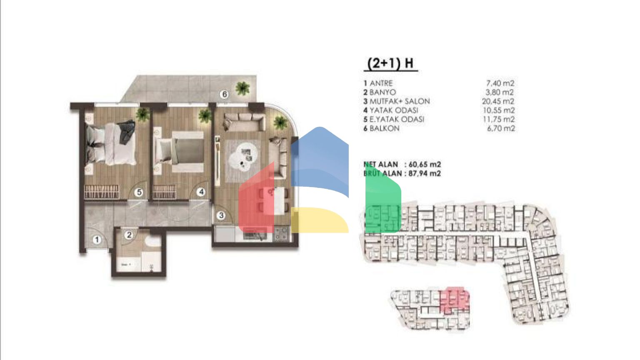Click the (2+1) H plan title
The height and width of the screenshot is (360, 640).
pos(390,63)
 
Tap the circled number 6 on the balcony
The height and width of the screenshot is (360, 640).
pos(225,95)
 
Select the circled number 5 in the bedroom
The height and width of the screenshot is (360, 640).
pos(139,192)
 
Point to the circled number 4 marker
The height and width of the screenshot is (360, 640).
pos(201,192)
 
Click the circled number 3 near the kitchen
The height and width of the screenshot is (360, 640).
pos(221,215)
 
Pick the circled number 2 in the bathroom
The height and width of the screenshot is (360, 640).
pos(129,235)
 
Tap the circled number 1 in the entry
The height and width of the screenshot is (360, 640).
pos(97,240)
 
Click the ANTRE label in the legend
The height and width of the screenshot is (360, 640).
pos(381,83)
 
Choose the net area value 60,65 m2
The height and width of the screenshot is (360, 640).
pos(425,164)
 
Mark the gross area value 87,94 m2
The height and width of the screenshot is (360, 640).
pos(425,173)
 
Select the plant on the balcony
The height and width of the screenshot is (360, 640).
pos(242,88)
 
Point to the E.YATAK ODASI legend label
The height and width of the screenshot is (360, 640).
pos(396,119)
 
